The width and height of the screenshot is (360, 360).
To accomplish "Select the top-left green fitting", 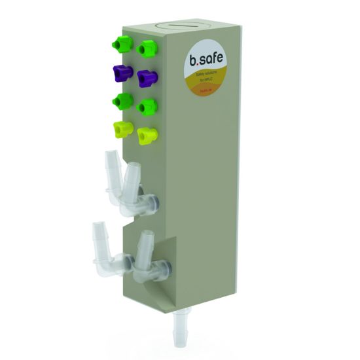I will pos(121,45).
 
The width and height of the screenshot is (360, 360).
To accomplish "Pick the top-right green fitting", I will pos(147,48).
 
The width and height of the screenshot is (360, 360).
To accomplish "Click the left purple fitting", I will pos(122,72).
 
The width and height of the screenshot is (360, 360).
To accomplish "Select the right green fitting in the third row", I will pos(148,106).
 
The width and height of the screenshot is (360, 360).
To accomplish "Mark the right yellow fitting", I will pos(148,135).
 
